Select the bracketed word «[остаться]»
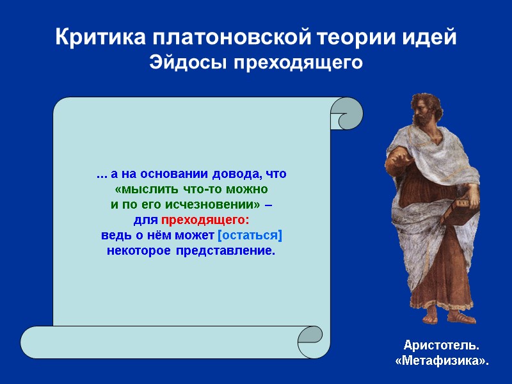pos(250,236)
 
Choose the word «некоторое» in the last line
pos(134,251)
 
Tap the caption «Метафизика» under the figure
pos(441,362)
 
